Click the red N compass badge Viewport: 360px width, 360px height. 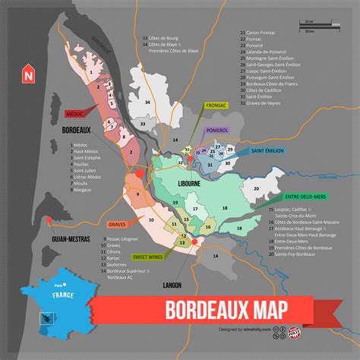(x=28, y=74)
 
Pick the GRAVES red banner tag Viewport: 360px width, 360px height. (x=117, y=225)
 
